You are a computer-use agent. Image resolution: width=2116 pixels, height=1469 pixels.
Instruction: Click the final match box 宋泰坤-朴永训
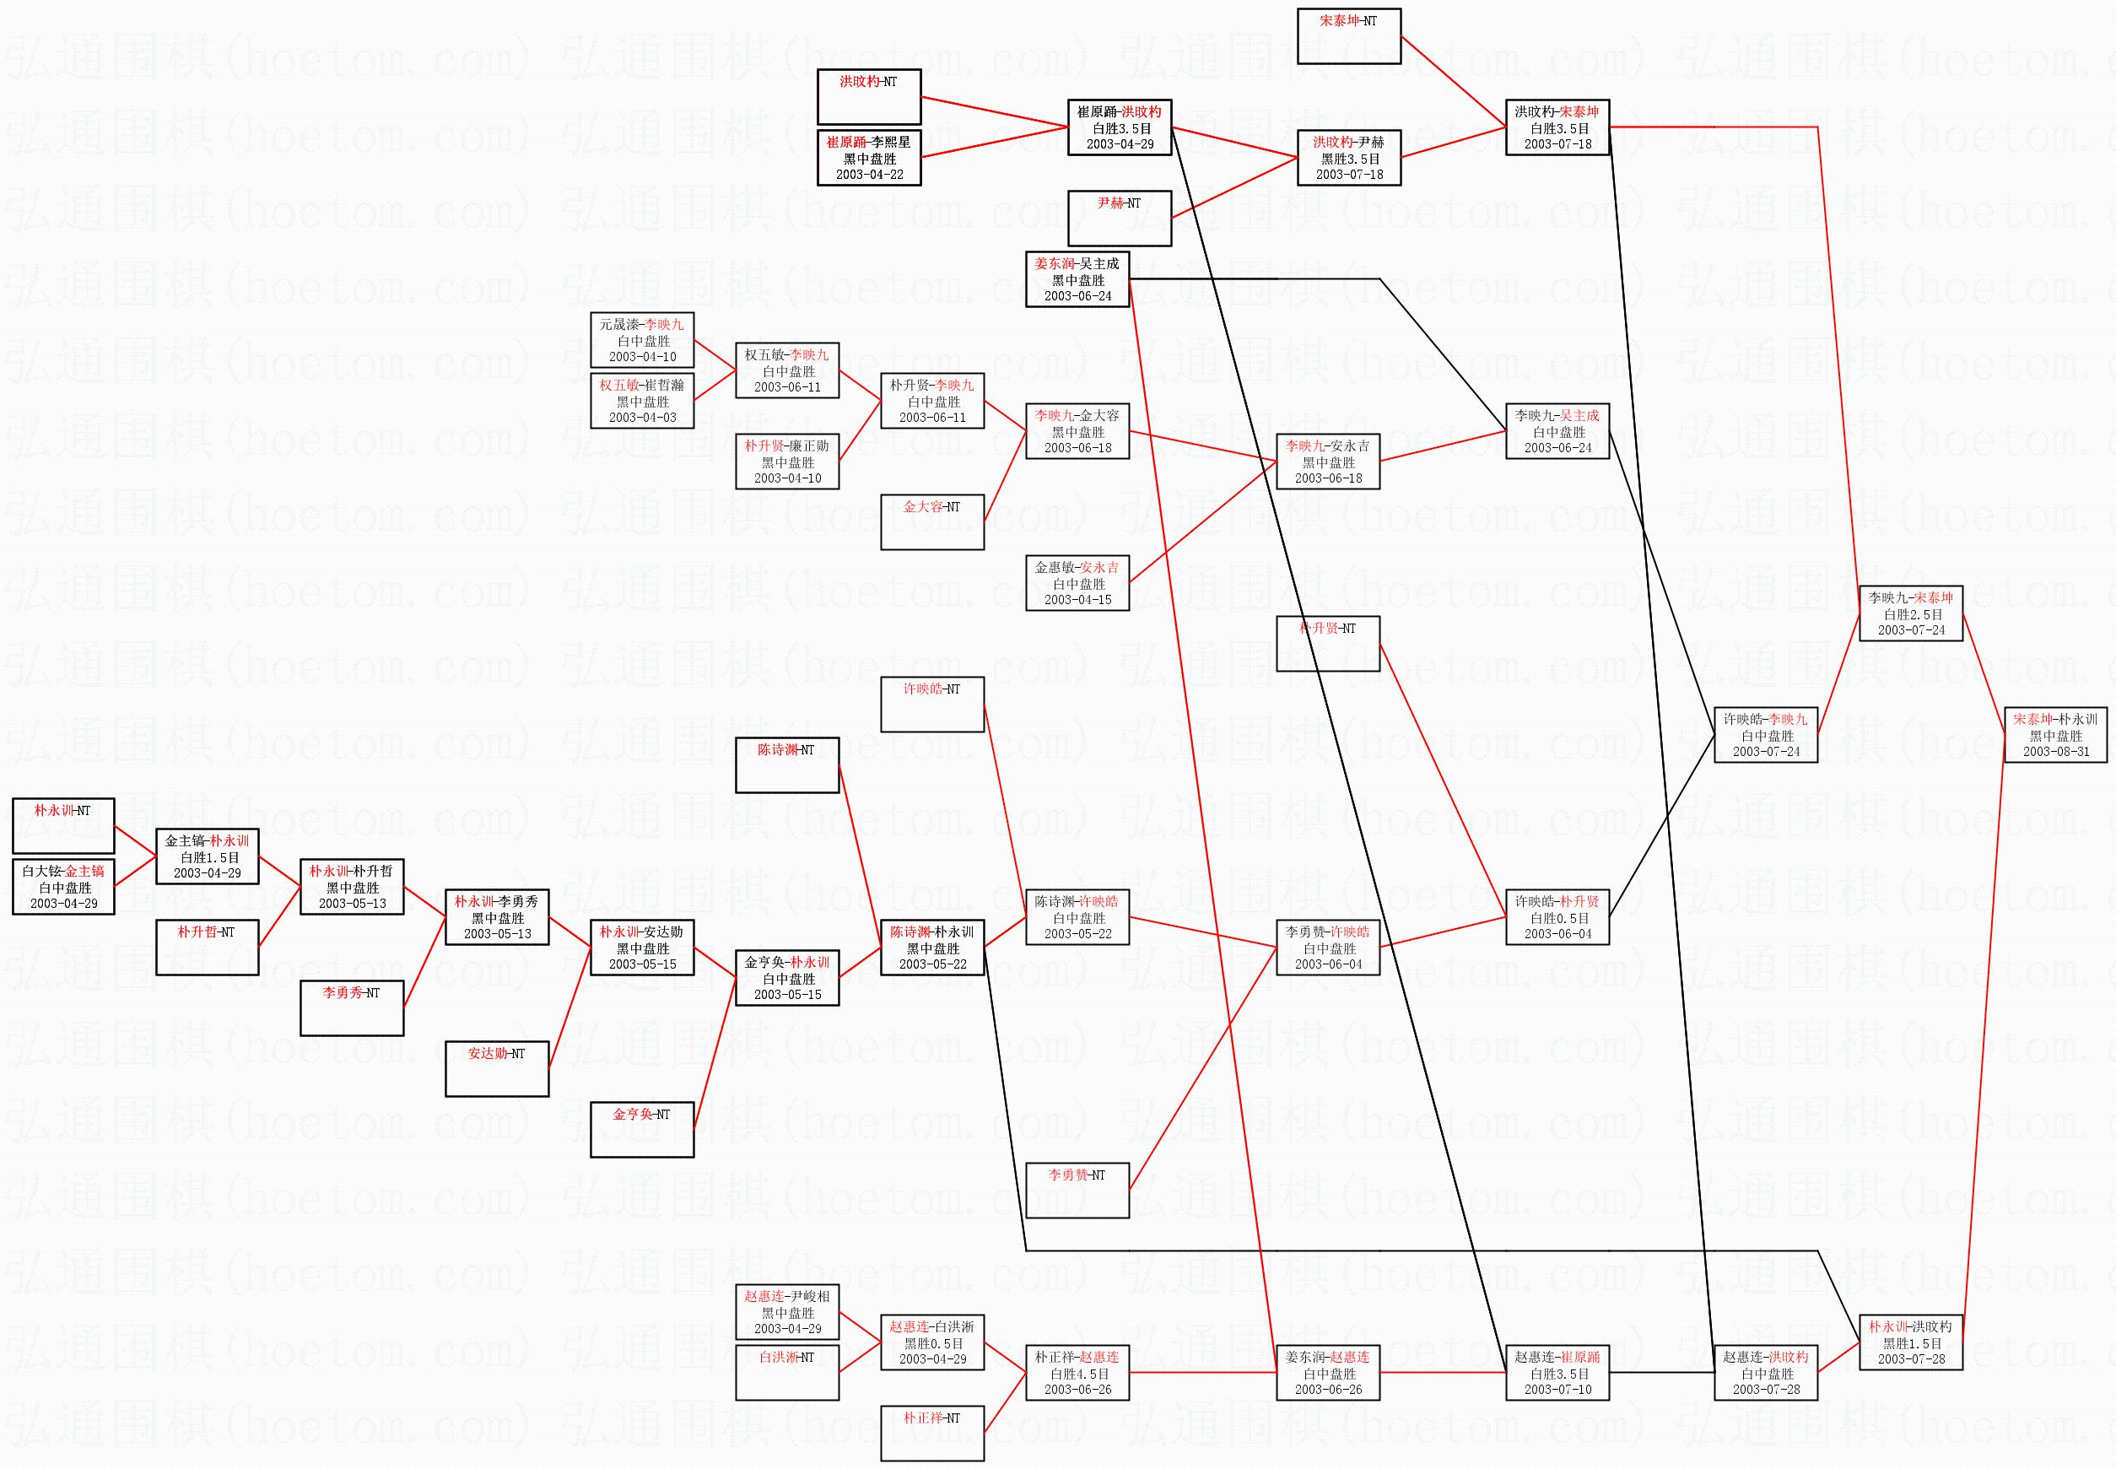tap(2055, 734)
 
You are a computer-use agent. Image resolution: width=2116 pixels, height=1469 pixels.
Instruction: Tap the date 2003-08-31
tap(2055, 752)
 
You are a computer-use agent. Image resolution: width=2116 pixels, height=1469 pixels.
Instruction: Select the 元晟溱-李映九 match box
tap(641, 340)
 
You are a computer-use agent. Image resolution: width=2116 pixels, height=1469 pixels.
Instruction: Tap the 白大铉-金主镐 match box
tap(62, 886)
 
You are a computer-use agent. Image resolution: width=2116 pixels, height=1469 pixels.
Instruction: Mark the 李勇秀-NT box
tap(351, 1007)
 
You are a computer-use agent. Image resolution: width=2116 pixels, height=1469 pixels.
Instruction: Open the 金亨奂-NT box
tap(641, 1129)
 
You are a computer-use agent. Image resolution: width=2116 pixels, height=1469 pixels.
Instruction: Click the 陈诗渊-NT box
tap(787, 764)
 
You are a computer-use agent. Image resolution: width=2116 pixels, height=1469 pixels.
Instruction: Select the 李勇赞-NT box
tap(1077, 1190)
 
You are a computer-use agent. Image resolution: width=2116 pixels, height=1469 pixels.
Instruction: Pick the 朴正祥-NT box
tap(931, 1433)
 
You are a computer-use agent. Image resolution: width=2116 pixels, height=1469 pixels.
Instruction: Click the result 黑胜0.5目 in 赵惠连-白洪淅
tap(931, 1343)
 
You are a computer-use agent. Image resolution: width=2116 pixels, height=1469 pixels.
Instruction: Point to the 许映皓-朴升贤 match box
tap(1557, 916)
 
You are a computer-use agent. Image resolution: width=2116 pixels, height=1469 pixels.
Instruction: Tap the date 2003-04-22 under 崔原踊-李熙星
tap(869, 175)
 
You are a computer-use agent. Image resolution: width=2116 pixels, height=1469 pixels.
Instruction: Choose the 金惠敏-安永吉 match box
tap(1077, 583)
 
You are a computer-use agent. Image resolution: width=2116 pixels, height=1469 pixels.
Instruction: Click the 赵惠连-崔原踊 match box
tap(1557, 1372)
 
